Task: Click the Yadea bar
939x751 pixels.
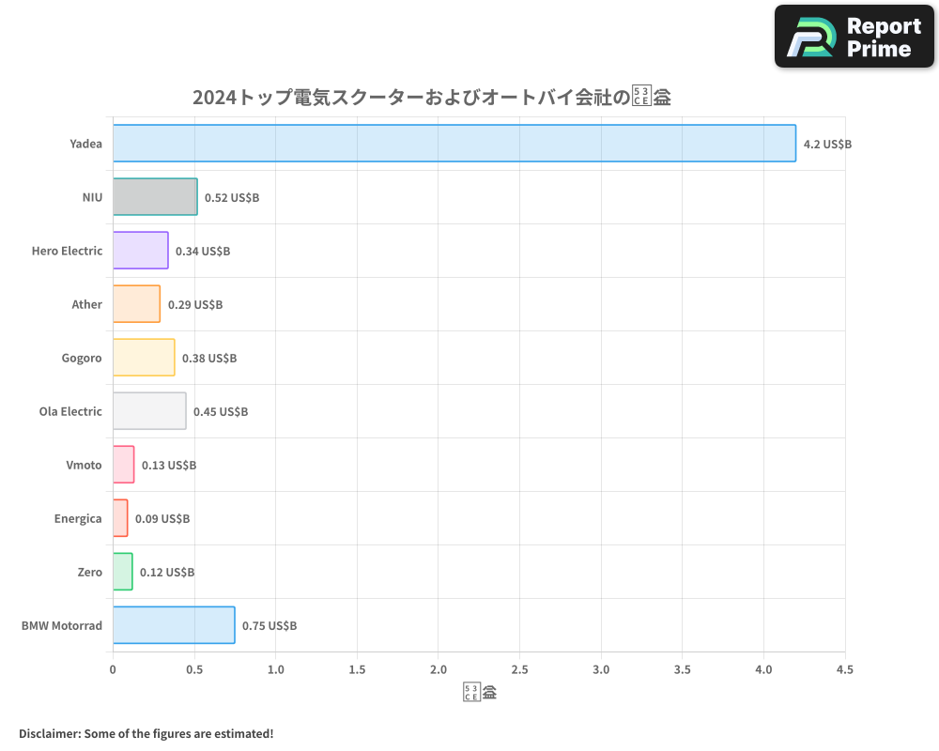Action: (x=454, y=144)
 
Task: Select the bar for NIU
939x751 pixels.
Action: (x=155, y=197)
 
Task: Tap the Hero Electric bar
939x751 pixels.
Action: (x=141, y=251)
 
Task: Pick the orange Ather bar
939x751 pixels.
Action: (x=136, y=304)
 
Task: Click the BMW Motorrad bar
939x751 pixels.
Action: (x=174, y=625)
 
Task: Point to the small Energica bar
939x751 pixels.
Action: (x=120, y=518)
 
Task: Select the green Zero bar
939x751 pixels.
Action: (x=122, y=572)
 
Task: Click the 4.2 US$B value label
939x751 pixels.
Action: (x=827, y=145)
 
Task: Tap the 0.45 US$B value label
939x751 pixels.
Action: (x=221, y=412)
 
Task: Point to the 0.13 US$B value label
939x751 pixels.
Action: (x=169, y=466)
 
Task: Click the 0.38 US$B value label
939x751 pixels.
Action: (x=209, y=359)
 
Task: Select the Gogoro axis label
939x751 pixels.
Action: (x=82, y=358)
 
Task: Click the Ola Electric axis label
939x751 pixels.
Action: (x=70, y=411)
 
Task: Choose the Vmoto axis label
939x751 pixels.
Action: (x=84, y=465)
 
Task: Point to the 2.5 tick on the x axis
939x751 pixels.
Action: (x=519, y=670)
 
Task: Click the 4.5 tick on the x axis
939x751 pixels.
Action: (x=845, y=670)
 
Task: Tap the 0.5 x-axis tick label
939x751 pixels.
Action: (x=194, y=670)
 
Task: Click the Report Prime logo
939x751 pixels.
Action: (x=854, y=37)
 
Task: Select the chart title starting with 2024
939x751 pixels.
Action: (x=431, y=98)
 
